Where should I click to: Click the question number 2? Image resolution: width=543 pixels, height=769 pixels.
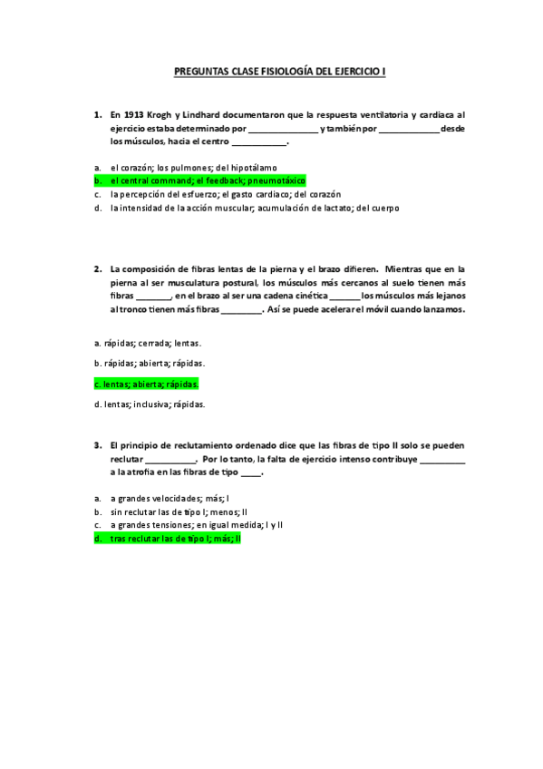click(x=97, y=269)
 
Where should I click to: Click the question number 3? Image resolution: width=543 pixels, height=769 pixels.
click(x=97, y=446)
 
